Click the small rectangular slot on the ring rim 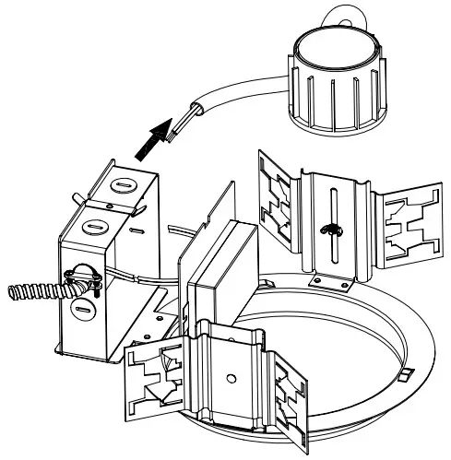click(404, 376)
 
